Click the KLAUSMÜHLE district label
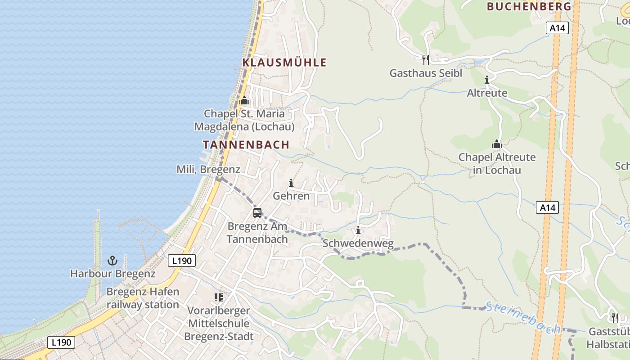(x=284, y=63)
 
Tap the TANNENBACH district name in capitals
(x=246, y=144)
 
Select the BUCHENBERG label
(x=529, y=6)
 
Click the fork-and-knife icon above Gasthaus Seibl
(x=425, y=59)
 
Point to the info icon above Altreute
(x=487, y=80)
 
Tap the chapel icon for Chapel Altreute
(x=497, y=144)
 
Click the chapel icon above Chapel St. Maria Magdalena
(x=244, y=100)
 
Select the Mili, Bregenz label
(x=208, y=169)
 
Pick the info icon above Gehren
(x=291, y=183)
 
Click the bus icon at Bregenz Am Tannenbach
(x=257, y=213)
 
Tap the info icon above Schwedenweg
(x=358, y=230)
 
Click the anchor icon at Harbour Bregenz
(x=112, y=260)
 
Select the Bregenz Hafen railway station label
(x=143, y=298)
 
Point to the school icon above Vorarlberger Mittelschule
(x=219, y=297)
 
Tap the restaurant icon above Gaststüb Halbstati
(x=615, y=318)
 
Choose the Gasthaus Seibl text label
(x=426, y=73)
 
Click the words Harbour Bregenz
(x=112, y=273)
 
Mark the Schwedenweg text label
(x=358, y=243)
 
